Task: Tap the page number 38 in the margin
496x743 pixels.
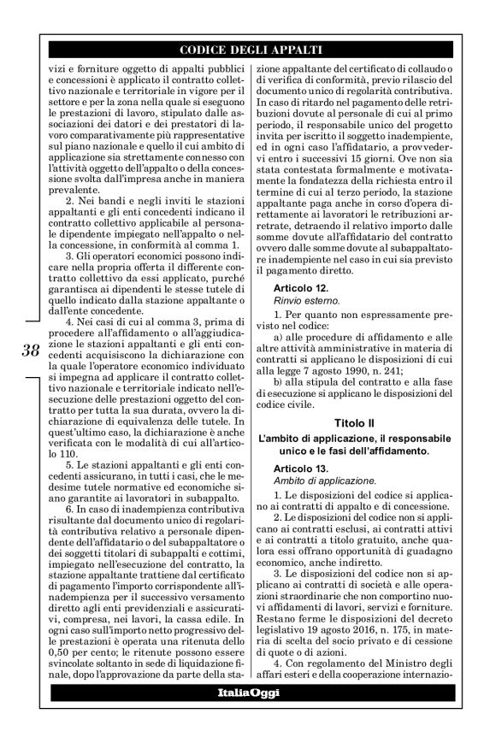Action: (x=29, y=349)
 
